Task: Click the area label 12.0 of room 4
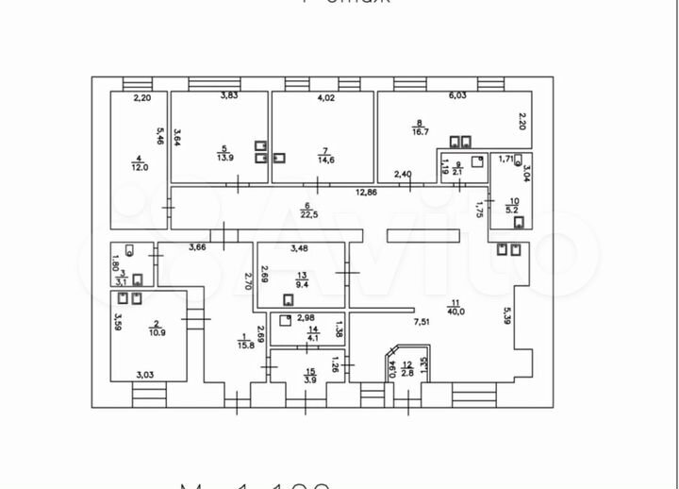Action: click(x=139, y=167)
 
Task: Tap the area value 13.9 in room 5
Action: click(x=224, y=159)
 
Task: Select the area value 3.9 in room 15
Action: click(x=309, y=379)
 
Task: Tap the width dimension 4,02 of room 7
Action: click(x=326, y=97)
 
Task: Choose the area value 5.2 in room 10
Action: click(x=513, y=210)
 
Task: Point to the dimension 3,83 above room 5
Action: click(x=229, y=95)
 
